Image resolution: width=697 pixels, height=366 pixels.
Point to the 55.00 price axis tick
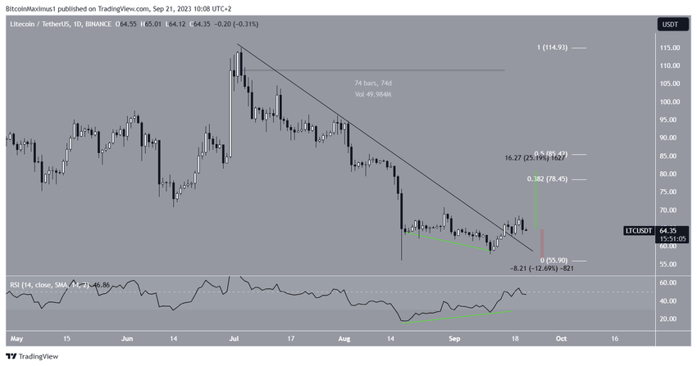668,264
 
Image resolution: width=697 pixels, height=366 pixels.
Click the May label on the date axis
16,337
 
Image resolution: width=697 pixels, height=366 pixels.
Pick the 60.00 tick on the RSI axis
668,282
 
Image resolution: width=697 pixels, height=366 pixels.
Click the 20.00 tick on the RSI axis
668,319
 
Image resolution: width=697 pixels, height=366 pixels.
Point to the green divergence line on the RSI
459,316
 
